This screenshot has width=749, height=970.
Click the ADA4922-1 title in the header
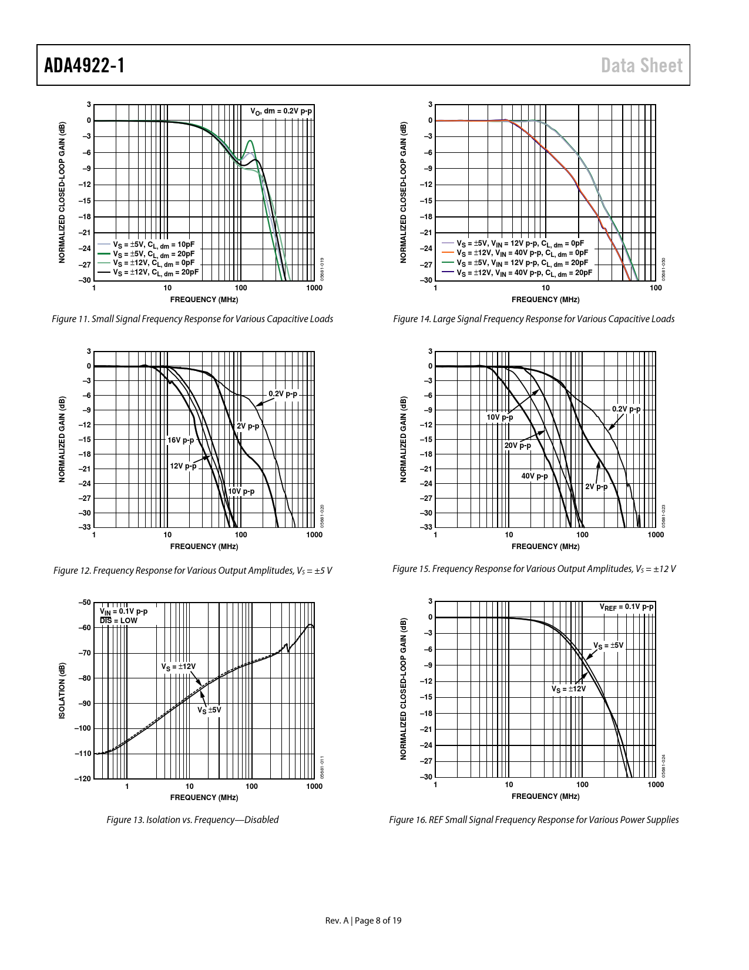click(84, 65)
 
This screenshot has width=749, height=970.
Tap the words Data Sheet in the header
click(641, 65)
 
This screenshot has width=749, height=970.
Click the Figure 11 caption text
click(193, 319)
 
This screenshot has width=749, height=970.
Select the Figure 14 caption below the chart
click(533, 319)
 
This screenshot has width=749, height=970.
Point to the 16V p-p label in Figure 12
click(180, 440)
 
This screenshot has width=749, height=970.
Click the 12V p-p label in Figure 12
click(183, 466)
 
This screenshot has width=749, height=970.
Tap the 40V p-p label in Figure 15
click(534, 476)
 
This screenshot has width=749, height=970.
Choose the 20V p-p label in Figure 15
click(518, 446)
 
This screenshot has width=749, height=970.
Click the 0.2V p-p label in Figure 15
click(626, 409)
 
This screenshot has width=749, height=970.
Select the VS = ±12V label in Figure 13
click(179, 667)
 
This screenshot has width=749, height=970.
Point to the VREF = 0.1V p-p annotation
click(626, 607)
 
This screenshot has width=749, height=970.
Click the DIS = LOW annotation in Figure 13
click(118, 620)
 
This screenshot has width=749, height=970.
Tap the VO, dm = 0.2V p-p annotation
click(281, 111)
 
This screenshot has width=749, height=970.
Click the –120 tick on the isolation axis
click(83, 779)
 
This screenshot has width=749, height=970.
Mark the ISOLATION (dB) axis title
click(62, 691)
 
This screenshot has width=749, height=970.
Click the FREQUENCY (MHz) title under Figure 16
click(545, 797)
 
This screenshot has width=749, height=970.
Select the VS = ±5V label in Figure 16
click(608, 645)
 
